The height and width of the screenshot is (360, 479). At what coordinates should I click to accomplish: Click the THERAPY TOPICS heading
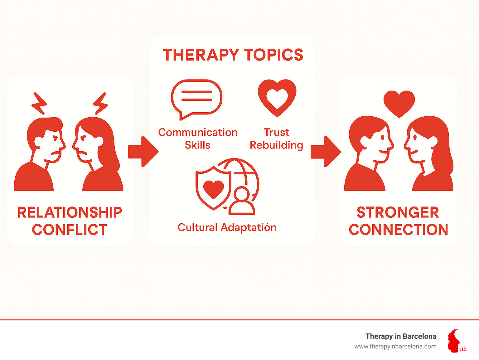coord(233,55)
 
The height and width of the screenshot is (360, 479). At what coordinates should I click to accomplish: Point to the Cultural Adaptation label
coord(227,227)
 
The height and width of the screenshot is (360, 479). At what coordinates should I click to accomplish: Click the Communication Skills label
coord(198,139)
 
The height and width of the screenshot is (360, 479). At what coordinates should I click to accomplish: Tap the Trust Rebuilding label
coord(277,139)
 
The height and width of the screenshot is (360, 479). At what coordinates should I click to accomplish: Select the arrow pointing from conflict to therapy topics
coord(143,152)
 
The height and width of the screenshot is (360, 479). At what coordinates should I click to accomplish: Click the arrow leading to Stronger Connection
coord(326,152)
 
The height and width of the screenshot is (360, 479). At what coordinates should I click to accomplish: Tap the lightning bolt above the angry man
coord(39,104)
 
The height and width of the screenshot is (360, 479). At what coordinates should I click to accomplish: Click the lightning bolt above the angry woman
coord(100,104)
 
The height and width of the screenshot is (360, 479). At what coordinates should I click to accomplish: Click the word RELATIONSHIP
coord(70,212)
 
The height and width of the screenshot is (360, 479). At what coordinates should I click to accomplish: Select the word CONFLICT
coord(70,230)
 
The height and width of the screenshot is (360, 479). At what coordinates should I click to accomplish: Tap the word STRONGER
coord(398,212)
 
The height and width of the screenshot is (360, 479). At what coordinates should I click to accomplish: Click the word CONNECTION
coord(399,230)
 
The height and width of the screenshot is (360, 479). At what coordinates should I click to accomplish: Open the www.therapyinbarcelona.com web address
coord(395,347)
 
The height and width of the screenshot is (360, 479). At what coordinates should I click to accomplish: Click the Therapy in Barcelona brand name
coord(401,336)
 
